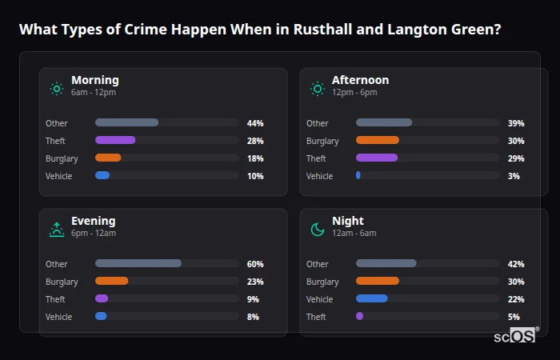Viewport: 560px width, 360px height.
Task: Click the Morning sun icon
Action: [57, 89]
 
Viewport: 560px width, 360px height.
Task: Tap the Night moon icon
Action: [318, 230]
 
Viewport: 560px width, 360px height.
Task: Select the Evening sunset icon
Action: [57, 230]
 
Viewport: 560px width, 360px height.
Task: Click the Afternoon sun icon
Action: [318, 89]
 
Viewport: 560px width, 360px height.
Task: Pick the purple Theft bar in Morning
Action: [115, 140]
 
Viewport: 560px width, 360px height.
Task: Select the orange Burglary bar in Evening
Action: [111, 281]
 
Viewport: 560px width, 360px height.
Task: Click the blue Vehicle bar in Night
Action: [372, 298]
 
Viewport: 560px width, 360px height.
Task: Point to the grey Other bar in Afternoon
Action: [384, 122]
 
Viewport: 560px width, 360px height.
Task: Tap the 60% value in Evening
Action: [255, 264]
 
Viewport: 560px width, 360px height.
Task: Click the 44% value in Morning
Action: [255, 123]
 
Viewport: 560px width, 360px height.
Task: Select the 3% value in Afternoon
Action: [514, 176]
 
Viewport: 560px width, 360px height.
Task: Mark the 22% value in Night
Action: [516, 299]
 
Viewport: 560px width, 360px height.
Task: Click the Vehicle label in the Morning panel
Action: [58, 176]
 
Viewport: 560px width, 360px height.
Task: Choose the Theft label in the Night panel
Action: [317, 317]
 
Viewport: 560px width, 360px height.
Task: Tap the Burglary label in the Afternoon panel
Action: [322, 141]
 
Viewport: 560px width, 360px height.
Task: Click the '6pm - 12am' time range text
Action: [94, 234]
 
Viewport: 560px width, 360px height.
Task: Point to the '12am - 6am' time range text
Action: [354, 234]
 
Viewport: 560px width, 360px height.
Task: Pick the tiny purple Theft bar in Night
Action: [359, 316]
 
